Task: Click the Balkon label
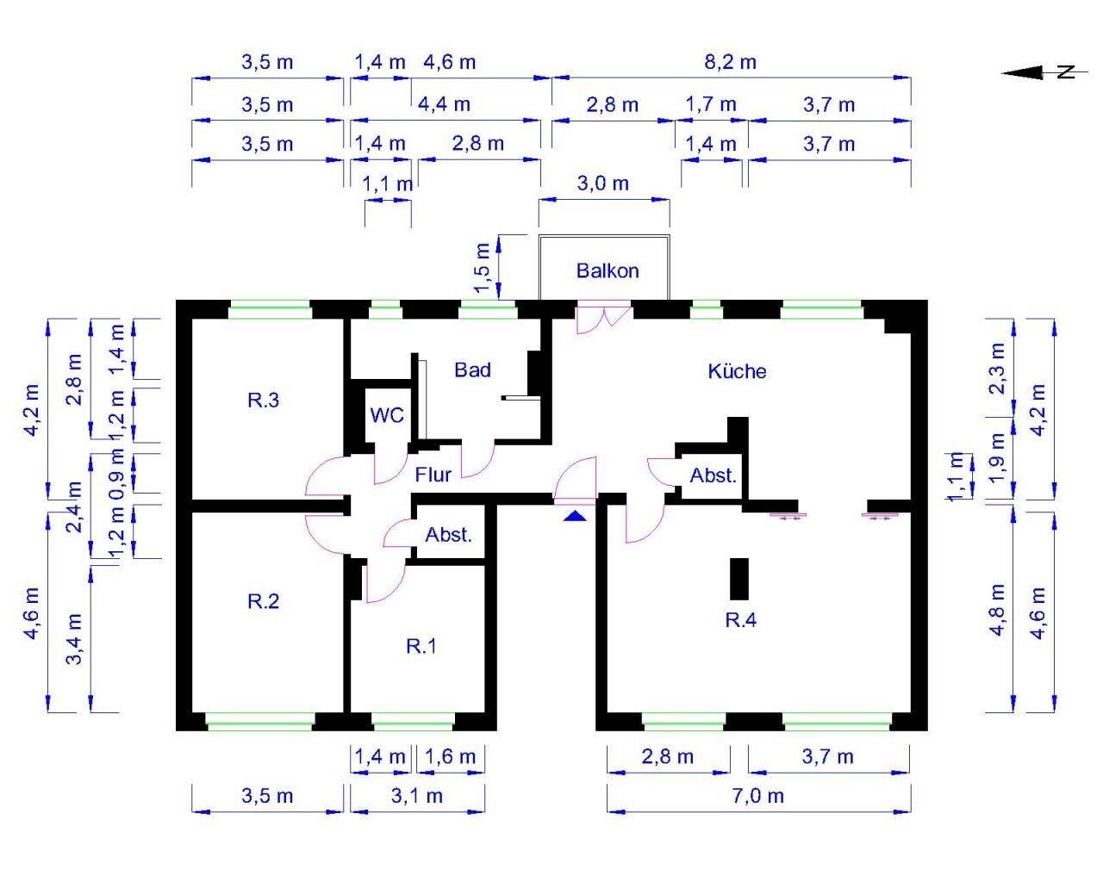click(608, 270)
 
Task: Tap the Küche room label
click(737, 370)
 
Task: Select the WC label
click(387, 415)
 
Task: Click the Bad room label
click(472, 370)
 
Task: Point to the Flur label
click(433, 475)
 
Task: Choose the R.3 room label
click(264, 400)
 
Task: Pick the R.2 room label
click(264, 600)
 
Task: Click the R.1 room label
click(421, 646)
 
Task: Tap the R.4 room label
click(741, 620)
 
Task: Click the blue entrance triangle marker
click(575, 516)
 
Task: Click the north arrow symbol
click(1044, 72)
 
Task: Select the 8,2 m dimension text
click(731, 62)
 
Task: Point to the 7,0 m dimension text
click(758, 796)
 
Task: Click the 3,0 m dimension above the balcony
click(602, 183)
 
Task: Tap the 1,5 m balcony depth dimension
click(483, 268)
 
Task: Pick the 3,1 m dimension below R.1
click(417, 796)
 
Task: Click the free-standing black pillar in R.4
click(739, 579)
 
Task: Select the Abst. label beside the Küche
click(713, 475)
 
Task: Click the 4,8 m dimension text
click(998, 610)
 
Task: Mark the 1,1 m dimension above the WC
click(388, 183)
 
